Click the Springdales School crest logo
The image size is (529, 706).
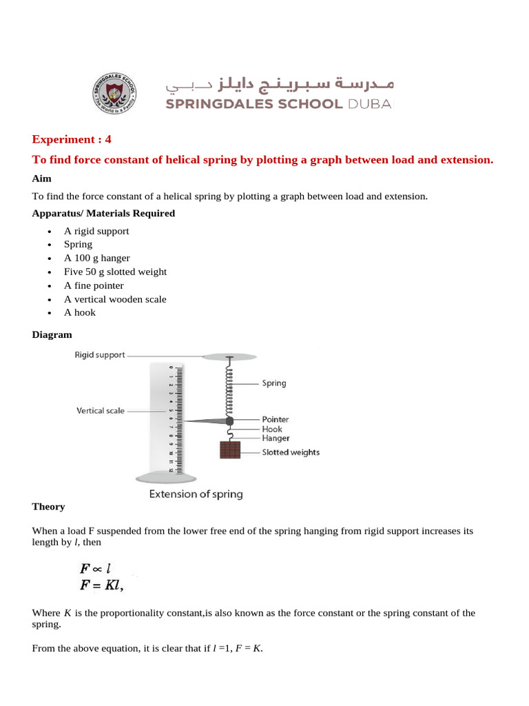click(114, 94)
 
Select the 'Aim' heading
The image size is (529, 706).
click(41, 179)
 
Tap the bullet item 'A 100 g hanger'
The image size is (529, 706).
click(96, 258)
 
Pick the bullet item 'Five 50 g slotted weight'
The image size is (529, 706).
click(115, 272)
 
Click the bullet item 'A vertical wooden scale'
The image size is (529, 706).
click(115, 299)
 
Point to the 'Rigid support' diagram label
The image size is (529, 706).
click(100, 355)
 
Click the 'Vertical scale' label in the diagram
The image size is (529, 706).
click(101, 410)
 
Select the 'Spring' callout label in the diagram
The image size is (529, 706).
click(273, 383)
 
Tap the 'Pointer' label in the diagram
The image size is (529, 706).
click(275, 419)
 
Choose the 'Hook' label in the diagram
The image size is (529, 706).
click(271, 429)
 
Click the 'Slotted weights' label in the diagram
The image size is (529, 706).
click(290, 452)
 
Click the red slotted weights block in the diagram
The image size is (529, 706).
click(229, 450)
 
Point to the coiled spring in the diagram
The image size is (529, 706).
click(229, 390)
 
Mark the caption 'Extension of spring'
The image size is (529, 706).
click(196, 494)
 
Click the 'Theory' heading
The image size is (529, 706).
click(48, 507)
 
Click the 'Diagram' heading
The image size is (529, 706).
click(52, 335)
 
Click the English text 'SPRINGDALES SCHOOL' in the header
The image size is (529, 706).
click(253, 104)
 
